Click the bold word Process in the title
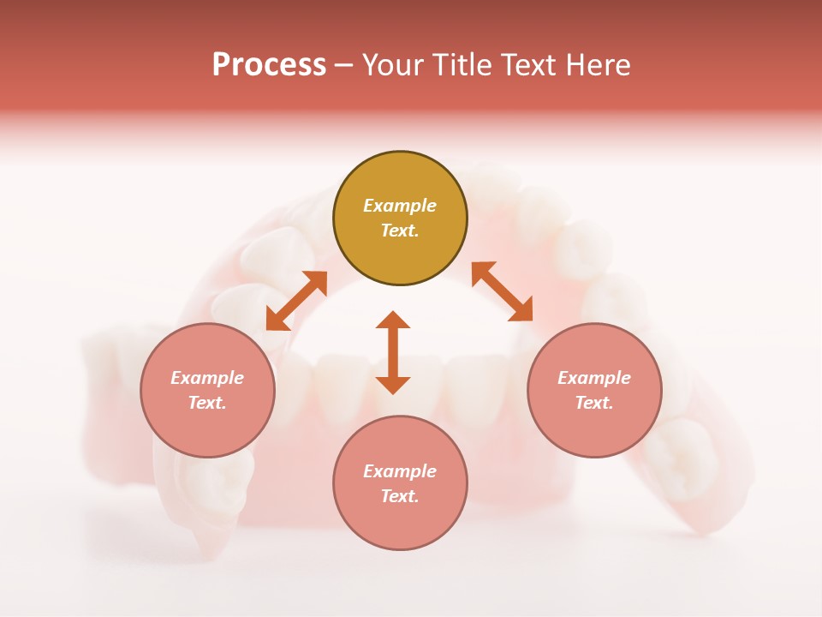point(269,65)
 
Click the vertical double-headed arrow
point(393,352)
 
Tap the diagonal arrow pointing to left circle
point(296,300)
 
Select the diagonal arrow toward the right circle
point(503,291)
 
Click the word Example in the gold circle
point(400,206)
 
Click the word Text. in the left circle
point(207,403)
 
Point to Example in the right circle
point(594,378)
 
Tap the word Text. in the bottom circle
point(400,496)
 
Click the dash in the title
point(343,65)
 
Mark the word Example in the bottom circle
point(400,471)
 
